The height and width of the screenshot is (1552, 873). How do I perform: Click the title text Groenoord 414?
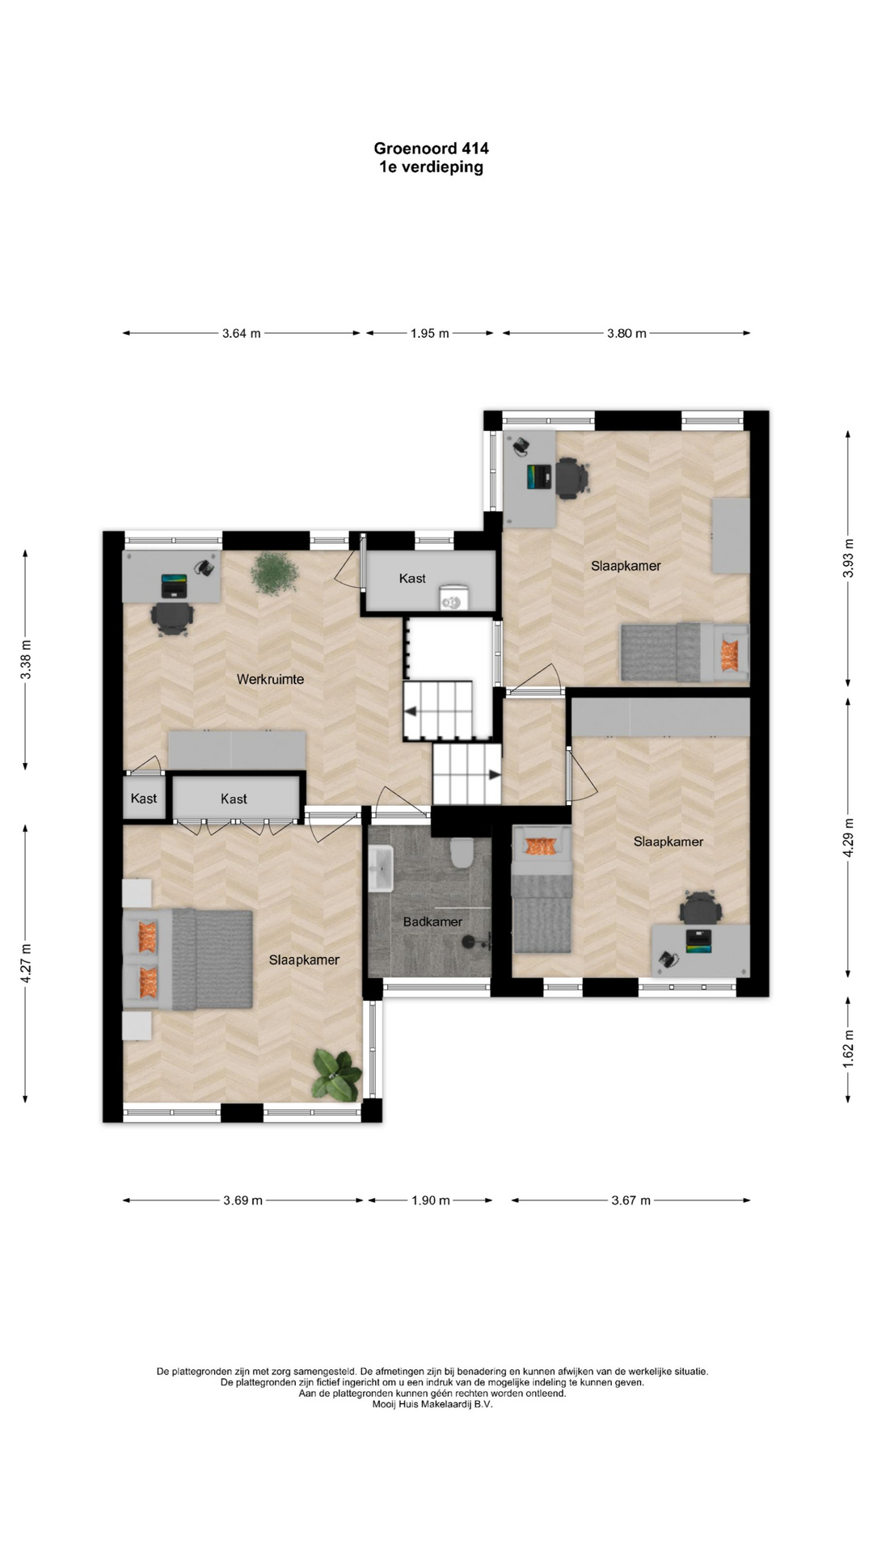[431, 148]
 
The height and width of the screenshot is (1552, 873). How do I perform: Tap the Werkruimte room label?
[270, 679]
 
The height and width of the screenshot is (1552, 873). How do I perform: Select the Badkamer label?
[432, 921]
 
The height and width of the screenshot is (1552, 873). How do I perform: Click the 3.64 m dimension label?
[241, 333]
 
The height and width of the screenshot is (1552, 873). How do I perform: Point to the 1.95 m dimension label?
[429, 333]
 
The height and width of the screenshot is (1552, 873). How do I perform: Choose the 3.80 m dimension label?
[626, 333]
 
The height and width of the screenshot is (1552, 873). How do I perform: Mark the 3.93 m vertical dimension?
[848, 558]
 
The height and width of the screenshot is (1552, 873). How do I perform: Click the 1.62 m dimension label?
[848, 1048]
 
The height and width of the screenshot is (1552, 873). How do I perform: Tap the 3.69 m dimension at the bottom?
[242, 1200]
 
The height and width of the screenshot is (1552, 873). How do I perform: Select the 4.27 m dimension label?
[26, 964]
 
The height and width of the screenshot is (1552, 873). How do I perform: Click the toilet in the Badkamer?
[462, 853]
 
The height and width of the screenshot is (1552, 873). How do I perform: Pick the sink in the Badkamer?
[381, 868]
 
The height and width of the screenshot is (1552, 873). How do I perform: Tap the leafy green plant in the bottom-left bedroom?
[335, 1074]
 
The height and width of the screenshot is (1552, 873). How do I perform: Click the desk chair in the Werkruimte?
[171, 619]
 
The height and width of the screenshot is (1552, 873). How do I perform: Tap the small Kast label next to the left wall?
[144, 799]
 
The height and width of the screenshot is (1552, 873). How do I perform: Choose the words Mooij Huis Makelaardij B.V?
[432, 1404]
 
